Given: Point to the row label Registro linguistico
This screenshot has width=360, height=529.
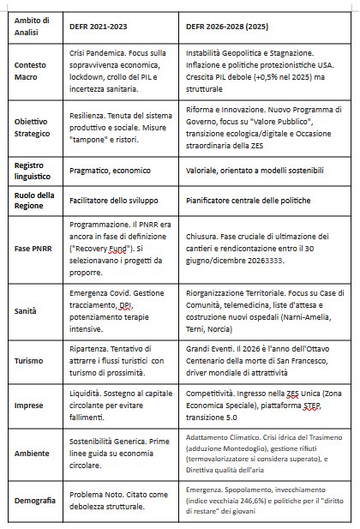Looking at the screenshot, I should (33, 169).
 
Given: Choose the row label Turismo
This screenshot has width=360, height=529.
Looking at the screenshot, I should (28, 361).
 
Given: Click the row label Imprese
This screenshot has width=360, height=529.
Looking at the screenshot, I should (28, 409).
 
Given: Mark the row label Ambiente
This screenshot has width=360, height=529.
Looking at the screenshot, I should (30, 457).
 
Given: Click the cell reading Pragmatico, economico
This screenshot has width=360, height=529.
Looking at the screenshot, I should (113, 170).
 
